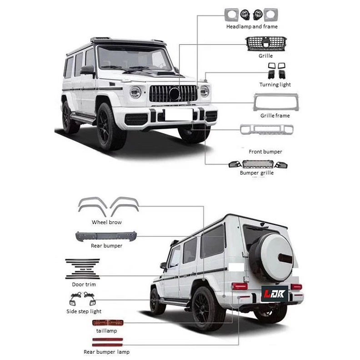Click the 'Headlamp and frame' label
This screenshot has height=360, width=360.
coord(251,27)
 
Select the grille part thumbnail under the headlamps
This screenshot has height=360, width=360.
coord(266,44)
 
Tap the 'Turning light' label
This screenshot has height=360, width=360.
coord(275,85)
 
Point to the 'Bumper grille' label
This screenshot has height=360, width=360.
coord(257,173)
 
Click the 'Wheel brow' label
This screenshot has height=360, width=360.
coord(107,222)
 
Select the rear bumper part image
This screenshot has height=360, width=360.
coord(106,236)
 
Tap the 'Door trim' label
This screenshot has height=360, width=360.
coord(84,284)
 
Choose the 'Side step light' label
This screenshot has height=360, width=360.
coord(84,311)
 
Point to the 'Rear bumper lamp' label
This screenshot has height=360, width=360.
coord(106,352)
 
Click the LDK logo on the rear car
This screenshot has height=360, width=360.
coord(272,294)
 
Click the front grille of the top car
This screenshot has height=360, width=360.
coord(173,94)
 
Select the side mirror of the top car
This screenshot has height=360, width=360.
coord(88,70)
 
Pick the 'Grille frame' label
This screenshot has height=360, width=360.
coord(275,116)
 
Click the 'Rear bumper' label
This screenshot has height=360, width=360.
coord(106,246)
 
